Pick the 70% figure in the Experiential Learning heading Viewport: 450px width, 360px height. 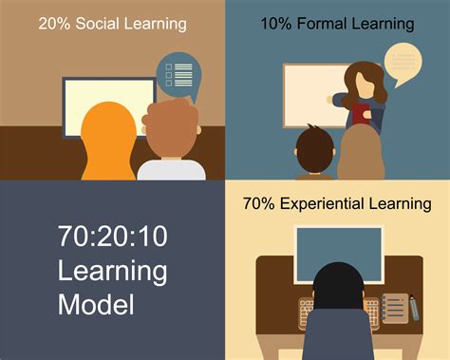(x=257, y=203)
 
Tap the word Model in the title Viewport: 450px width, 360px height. (x=95, y=305)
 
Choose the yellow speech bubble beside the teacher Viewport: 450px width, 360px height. (x=403, y=63)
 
